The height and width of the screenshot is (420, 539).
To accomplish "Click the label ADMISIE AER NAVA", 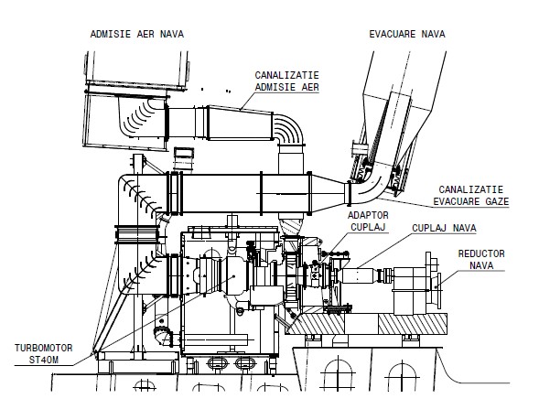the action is [x=137, y=34].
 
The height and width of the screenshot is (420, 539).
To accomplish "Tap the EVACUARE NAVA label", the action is [x=407, y=34].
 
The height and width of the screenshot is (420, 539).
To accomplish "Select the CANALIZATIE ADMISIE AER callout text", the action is [x=286, y=81].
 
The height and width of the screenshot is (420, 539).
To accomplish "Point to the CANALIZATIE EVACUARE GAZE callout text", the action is [x=470, y=195].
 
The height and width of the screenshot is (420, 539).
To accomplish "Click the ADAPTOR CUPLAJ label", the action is [x=368, y=221].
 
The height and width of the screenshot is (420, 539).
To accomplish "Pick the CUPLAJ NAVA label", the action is [x=444, y=228].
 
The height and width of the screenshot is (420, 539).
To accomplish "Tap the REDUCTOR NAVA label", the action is [x=481, y=260].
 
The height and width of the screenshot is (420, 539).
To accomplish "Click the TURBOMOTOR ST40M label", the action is [x=44, y=354].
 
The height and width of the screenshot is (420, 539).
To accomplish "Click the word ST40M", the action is [x=44, y=360].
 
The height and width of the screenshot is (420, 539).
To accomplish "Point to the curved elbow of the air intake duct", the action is [x=289, y=130].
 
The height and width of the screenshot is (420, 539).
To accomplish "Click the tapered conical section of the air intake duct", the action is [x=240, y=123].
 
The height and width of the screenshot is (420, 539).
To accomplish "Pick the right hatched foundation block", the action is [x=413, y=324].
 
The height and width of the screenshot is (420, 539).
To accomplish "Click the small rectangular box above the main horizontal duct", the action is [x=184, y=159].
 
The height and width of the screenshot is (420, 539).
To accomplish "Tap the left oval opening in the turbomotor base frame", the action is [x=217, y=363].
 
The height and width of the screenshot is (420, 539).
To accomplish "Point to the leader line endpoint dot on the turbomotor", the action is [x=233, y=276].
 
